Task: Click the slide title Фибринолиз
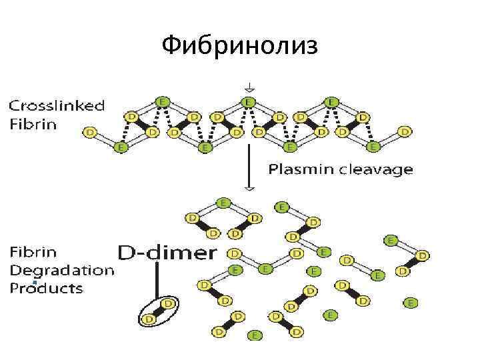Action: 241,46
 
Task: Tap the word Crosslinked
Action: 56,105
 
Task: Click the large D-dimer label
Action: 167,253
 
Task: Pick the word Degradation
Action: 61,271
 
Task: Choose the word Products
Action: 46,289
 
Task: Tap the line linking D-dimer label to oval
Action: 157,280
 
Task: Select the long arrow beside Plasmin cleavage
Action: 249,167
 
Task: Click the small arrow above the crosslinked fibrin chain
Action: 248,87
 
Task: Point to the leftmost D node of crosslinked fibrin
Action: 90,133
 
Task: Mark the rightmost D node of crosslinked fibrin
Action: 405,132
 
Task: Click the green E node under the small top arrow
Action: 248,102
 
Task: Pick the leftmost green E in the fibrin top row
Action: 161,101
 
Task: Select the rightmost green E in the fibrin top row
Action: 331,101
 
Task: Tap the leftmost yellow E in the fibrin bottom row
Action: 120,147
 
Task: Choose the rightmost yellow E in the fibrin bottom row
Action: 373,147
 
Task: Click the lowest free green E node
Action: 254,335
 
